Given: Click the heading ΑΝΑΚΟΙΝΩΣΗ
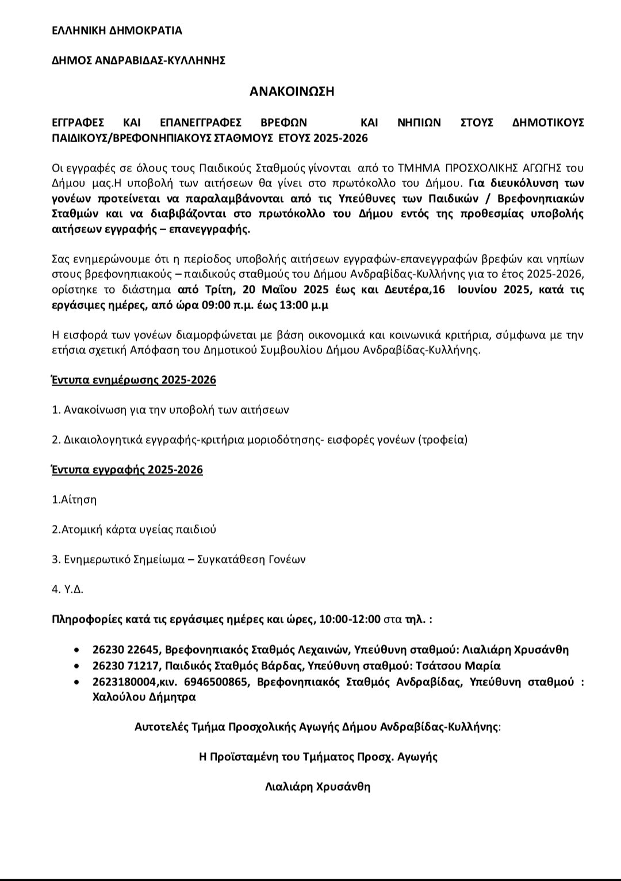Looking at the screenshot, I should point(292,91).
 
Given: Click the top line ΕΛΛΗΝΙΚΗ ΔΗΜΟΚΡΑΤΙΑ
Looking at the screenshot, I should point(117,31).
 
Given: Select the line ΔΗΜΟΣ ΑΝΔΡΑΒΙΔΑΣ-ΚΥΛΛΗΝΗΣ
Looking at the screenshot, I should point(138,60).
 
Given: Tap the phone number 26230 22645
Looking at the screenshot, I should point(125,650).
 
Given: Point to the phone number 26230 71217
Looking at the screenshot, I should point(125,666).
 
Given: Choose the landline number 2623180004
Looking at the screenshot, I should point(125,682).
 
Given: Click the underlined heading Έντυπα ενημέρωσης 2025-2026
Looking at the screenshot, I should point(134,380).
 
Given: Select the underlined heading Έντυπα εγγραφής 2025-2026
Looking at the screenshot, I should point(127,470).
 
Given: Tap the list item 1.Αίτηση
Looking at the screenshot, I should point(74,499).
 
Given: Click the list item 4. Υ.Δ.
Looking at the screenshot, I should point(68,589).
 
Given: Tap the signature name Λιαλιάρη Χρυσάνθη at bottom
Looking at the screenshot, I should point(317,786).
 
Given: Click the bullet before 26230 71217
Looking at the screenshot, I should point(77,666).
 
